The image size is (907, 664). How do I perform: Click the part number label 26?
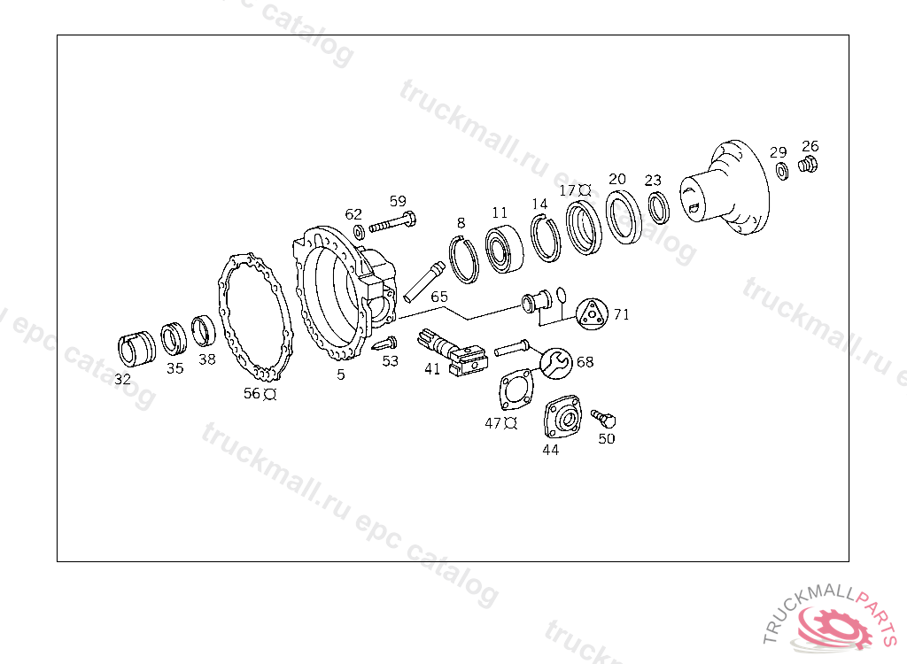click(x=810, y=146)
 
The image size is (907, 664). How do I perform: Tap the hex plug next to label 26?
click(x=808, y=165)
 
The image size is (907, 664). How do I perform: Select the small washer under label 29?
click(x=781, y=171)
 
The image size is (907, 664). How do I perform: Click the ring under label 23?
click(x=658, y=208)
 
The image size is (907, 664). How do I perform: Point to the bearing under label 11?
click(x=504, y=249)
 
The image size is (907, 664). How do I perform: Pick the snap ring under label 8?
click(x=464, y=260)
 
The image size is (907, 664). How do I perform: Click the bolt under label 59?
click(x=392, y=223)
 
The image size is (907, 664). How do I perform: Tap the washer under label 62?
click(x=359, y=233)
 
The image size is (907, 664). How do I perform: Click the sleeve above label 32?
click(x=136, y=349)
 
